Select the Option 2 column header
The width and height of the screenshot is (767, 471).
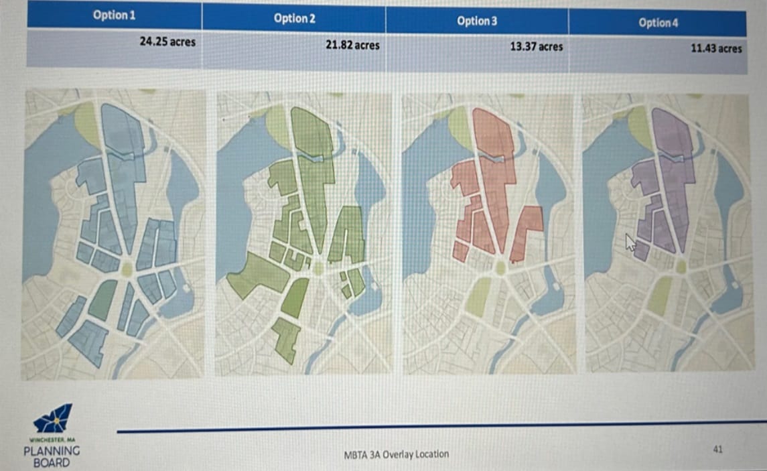pos(294,18)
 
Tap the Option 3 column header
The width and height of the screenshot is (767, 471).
pos(477,21)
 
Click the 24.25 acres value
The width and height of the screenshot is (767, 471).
pos(167,42)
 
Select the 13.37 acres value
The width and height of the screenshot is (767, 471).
pos(536,47)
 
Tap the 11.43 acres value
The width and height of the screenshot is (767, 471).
pos(716,48)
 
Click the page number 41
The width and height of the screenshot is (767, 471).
pos(717,449)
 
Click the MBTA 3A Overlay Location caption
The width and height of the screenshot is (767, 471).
pos(397,454)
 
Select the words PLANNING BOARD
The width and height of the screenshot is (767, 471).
pos(52,456)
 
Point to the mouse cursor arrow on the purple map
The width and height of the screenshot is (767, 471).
pos(630,242)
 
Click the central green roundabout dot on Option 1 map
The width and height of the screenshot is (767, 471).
pos(127,269)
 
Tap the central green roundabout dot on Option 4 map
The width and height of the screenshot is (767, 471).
pos(681,267)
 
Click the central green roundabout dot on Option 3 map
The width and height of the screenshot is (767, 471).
pos(500,268)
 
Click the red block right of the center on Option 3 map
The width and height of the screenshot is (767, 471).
pos(527,231)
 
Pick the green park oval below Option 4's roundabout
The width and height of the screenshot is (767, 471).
pos(660,295)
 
